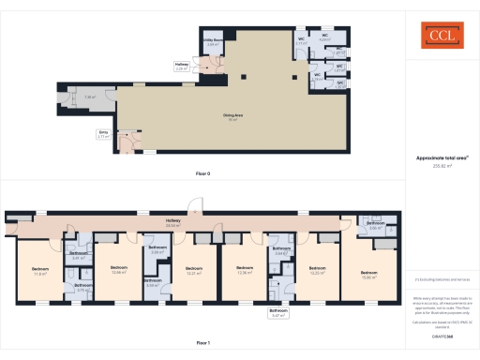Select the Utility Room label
point(212,42)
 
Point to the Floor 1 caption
point(202,343)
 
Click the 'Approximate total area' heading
point(442,158)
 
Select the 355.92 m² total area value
point(442,166)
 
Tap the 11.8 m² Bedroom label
point(40,272)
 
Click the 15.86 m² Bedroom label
point(368,275)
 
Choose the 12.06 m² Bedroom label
point(118,270)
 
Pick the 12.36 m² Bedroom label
point(244,270)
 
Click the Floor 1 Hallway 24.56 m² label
point(172,224)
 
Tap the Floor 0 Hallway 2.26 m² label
point(182,67)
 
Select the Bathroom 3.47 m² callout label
point(278,313)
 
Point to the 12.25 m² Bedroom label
point(317,270)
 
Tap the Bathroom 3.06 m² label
point(376,225)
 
